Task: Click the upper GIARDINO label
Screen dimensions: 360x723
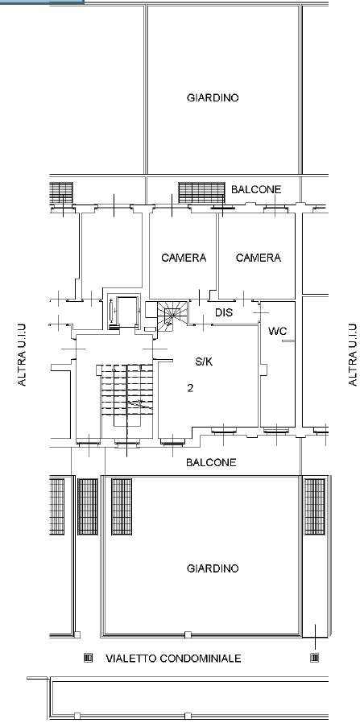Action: click(x=213, y=97)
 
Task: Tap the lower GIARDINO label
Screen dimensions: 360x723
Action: click(x=213, y=568)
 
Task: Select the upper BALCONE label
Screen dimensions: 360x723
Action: click(x=256, y=189)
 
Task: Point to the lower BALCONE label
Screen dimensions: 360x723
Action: click(x=211, y=462)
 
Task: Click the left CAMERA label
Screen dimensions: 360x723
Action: click(x=184, y=258)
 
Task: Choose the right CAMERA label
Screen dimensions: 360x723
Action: click(x=259, y=258)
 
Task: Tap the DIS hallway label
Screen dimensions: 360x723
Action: click(x=224, y=312)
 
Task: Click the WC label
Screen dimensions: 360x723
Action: click(x=278, y=331)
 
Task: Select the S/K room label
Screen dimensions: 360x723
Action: click(x=204, y=362)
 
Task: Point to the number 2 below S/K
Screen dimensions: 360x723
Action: click(x=190, y=388)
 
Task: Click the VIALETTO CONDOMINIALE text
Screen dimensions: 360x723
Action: click(x=173, y=658)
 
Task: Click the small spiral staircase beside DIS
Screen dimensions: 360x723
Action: click(x=172, y=316)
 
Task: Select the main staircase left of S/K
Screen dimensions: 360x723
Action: click(x=126, y=389)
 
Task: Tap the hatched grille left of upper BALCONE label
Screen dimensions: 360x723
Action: click(x=201, y=192)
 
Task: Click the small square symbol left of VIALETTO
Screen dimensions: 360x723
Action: click(x=88, y=658)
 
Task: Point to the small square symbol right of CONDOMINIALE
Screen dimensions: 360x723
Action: click(x=314, y=658)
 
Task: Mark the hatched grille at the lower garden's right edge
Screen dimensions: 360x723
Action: click(x=314, y=506)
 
